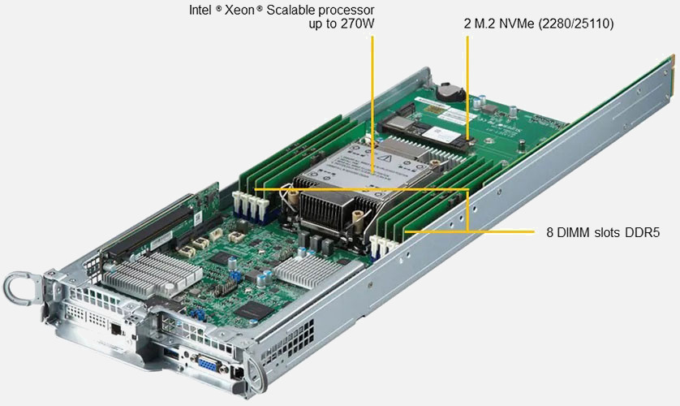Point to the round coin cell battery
450,92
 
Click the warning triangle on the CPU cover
384,158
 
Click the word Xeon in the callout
239,10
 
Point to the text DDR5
642,233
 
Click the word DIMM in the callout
571,233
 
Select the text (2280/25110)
576,24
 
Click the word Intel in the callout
200,10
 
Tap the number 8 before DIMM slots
549,233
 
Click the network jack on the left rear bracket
116,329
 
